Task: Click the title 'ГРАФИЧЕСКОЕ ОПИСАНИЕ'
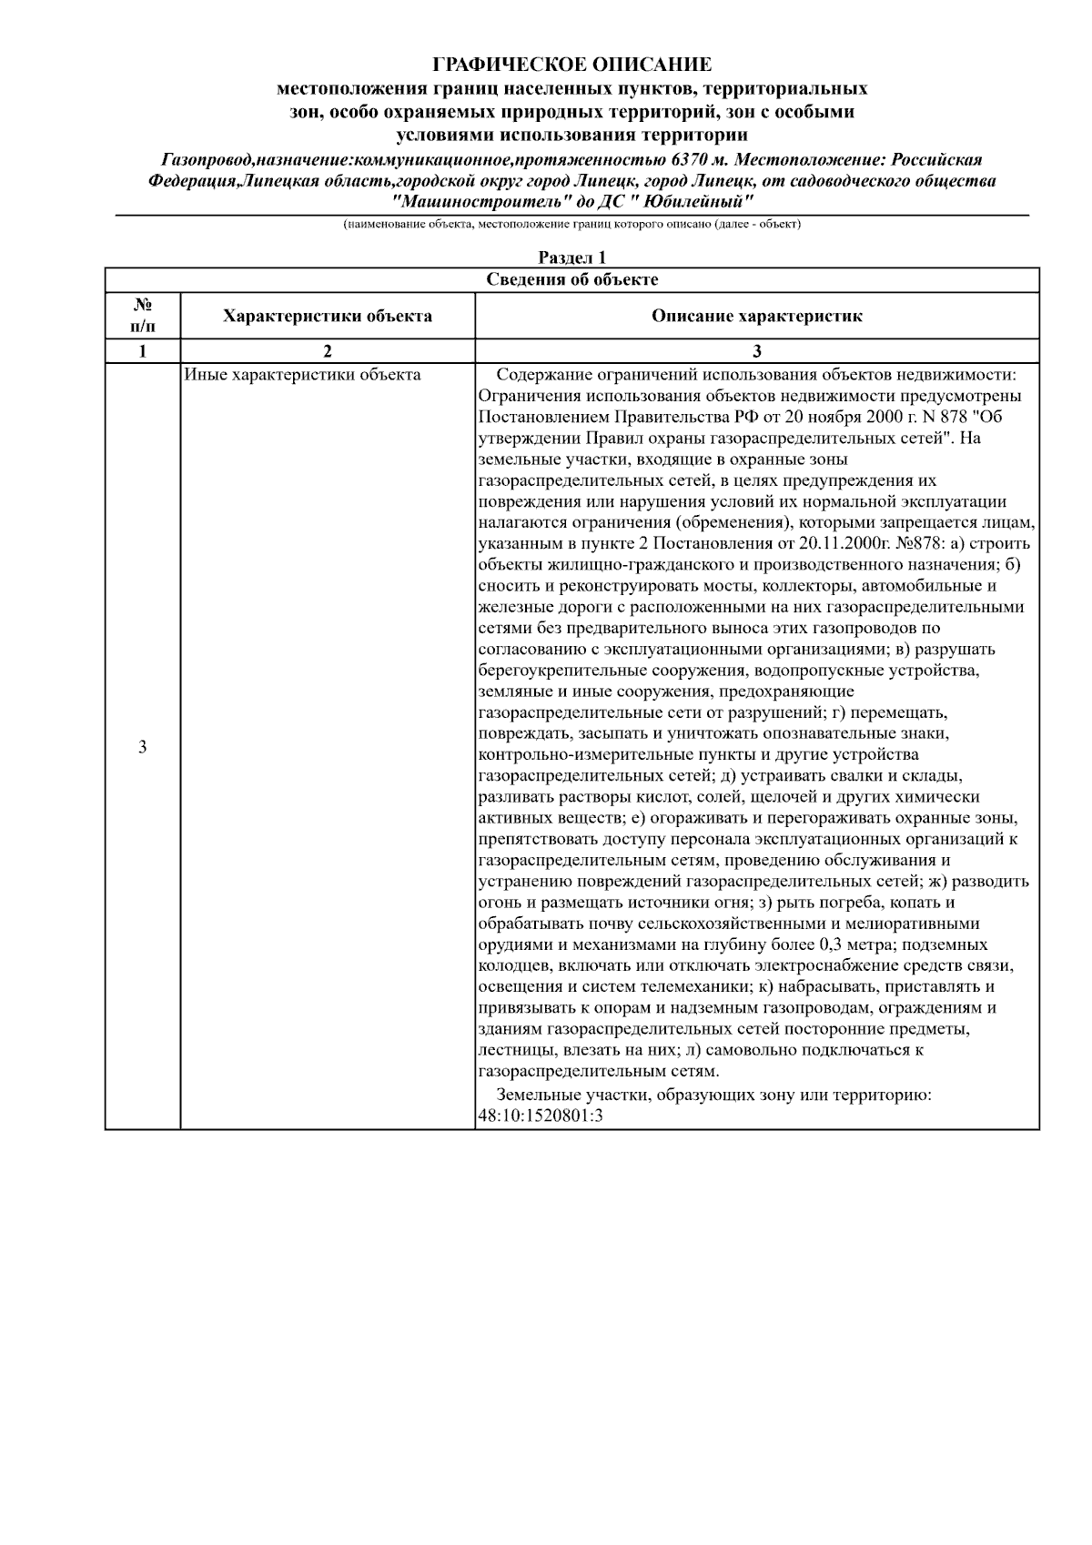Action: [571, 65]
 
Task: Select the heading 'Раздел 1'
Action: [571, 258]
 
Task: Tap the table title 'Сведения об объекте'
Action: [571, 279]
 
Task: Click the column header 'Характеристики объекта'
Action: [328, 317]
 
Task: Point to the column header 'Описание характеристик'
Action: [756, 317]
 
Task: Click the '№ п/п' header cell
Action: [142, 316]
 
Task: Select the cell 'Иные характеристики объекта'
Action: [302, 375]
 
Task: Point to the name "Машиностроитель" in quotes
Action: [473, 201]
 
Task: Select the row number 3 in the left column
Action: [142, 747]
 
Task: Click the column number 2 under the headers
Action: [327, 351]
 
